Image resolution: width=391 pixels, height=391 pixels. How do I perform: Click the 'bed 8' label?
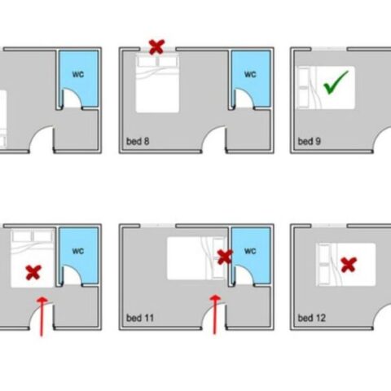138,142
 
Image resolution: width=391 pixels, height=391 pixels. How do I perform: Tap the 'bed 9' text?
310,142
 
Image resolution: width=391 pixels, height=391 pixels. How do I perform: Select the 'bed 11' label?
140,318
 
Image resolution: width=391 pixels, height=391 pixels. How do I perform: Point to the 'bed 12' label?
311,318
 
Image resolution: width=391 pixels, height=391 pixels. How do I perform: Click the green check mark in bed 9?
336,82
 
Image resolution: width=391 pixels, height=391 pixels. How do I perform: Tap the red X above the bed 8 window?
157,47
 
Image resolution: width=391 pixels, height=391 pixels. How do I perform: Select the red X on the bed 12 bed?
349,265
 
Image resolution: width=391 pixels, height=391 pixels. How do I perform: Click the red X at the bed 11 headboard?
225,257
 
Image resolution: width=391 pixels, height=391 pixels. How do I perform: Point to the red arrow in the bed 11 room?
215,315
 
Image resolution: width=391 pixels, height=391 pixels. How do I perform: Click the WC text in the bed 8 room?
250,74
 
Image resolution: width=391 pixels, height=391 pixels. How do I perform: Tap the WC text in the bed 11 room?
250,251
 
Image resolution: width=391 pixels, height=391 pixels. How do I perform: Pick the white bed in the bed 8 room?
157,83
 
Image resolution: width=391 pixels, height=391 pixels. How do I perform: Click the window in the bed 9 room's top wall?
329,49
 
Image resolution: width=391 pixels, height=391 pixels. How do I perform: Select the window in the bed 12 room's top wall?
329,226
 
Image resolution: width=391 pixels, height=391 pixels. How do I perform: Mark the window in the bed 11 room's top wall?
158,226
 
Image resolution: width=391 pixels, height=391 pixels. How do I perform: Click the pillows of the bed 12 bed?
325,265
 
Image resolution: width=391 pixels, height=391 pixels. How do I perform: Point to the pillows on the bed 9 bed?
304,87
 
